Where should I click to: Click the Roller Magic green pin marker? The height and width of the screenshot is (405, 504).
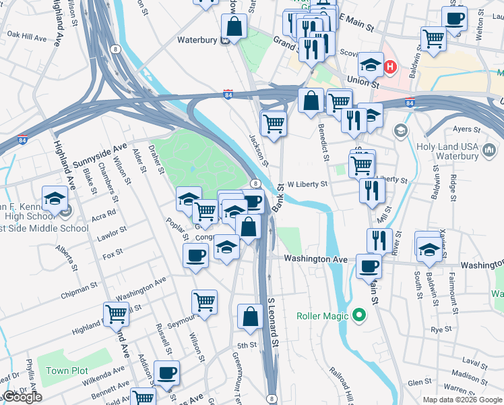359,315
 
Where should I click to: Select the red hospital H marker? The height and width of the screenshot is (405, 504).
390,67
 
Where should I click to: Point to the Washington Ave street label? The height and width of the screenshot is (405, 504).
315,259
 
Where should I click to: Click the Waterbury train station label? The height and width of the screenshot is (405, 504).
197,40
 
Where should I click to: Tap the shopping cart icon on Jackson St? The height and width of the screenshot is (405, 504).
274,123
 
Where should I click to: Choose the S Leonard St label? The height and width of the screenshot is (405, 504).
273,323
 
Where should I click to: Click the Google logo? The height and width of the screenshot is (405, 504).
23,397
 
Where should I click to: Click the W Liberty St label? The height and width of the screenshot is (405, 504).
307,184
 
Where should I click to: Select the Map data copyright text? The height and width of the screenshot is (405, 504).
462,400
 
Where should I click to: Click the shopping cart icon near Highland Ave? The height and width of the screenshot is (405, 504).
117,313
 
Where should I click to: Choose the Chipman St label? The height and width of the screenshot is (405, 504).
79,290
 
